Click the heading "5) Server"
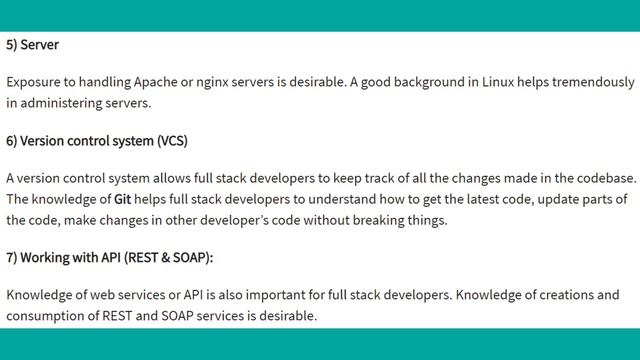pos(33,45)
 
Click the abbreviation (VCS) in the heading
pos(171,141)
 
